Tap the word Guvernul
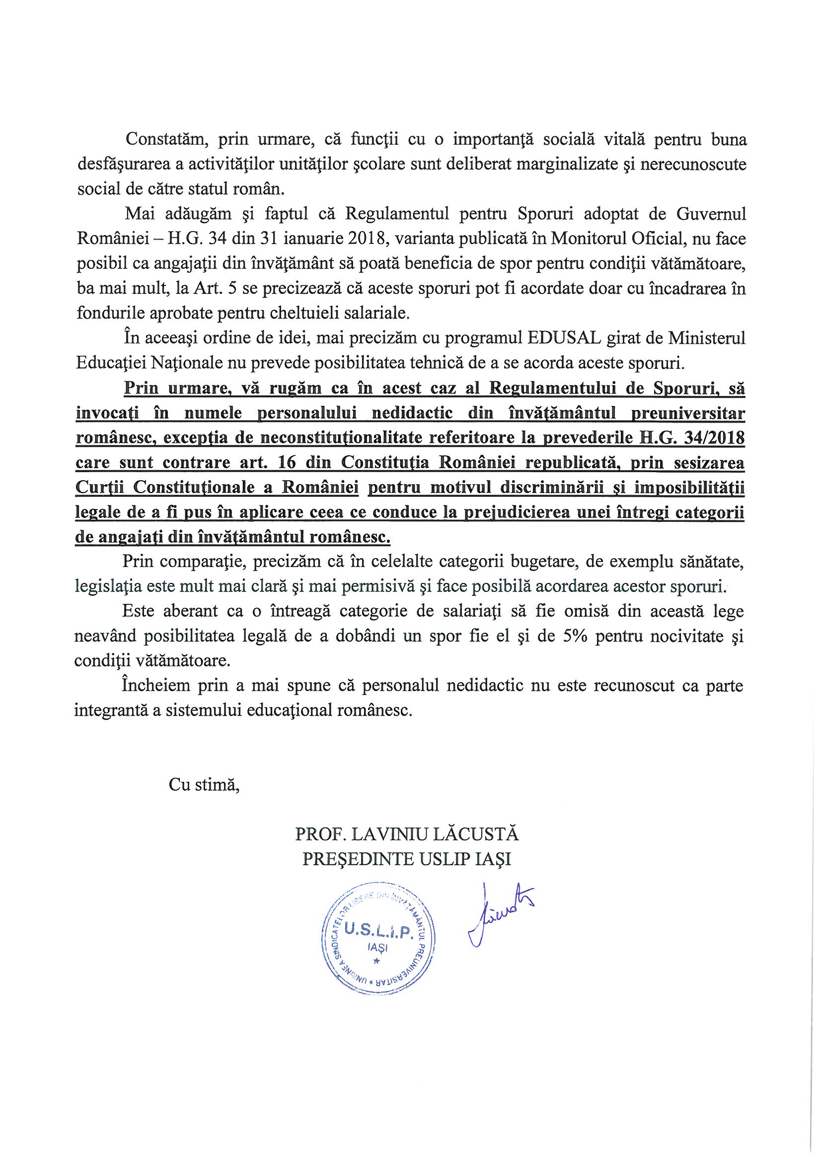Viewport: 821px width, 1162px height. coord(712,214)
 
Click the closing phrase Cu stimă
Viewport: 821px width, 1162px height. coord(203,785)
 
